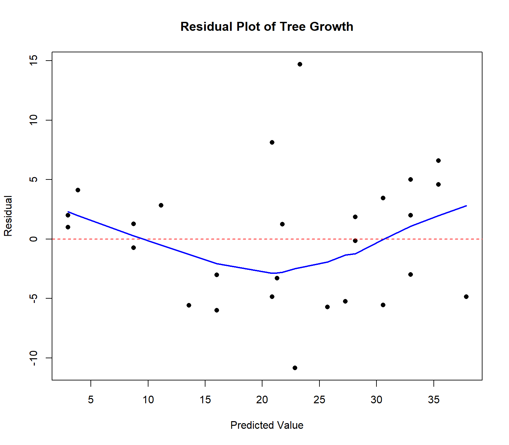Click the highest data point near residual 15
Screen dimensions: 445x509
pos(300,64)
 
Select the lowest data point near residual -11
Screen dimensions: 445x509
pos(295,368)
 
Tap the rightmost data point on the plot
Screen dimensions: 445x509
pos(466,297)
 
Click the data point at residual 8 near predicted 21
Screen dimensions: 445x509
pos(272,142)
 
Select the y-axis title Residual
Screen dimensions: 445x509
pos(8,216)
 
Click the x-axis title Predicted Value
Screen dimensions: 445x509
pos(267,425)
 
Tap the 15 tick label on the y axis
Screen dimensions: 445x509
pos(34,61)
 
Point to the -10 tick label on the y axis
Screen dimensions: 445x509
pos(34,358)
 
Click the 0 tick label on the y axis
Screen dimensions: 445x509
pos(34,239)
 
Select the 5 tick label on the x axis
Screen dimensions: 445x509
pos(91,400)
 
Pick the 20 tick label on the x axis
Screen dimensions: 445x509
pos(262,400)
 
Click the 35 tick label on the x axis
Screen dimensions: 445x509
pos(433,400)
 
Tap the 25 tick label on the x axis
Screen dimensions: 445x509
pos(319,400)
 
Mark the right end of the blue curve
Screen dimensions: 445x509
pos(466,206)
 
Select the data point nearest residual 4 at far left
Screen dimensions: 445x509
pos(78,190)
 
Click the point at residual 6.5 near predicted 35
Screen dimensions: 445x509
pos(438,161)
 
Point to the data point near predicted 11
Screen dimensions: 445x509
pos(161,205)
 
